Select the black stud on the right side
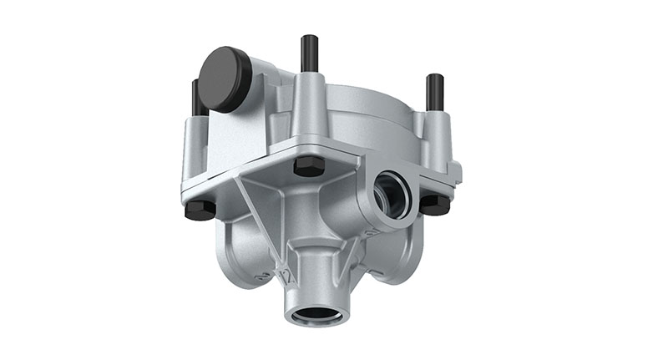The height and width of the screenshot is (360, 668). (434, 92)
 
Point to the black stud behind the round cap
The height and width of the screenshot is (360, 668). (196, 96)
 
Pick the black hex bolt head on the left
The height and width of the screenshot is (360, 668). (200, 209)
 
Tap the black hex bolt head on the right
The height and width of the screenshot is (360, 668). (434, 204)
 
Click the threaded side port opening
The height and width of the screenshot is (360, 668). (392, 193)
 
